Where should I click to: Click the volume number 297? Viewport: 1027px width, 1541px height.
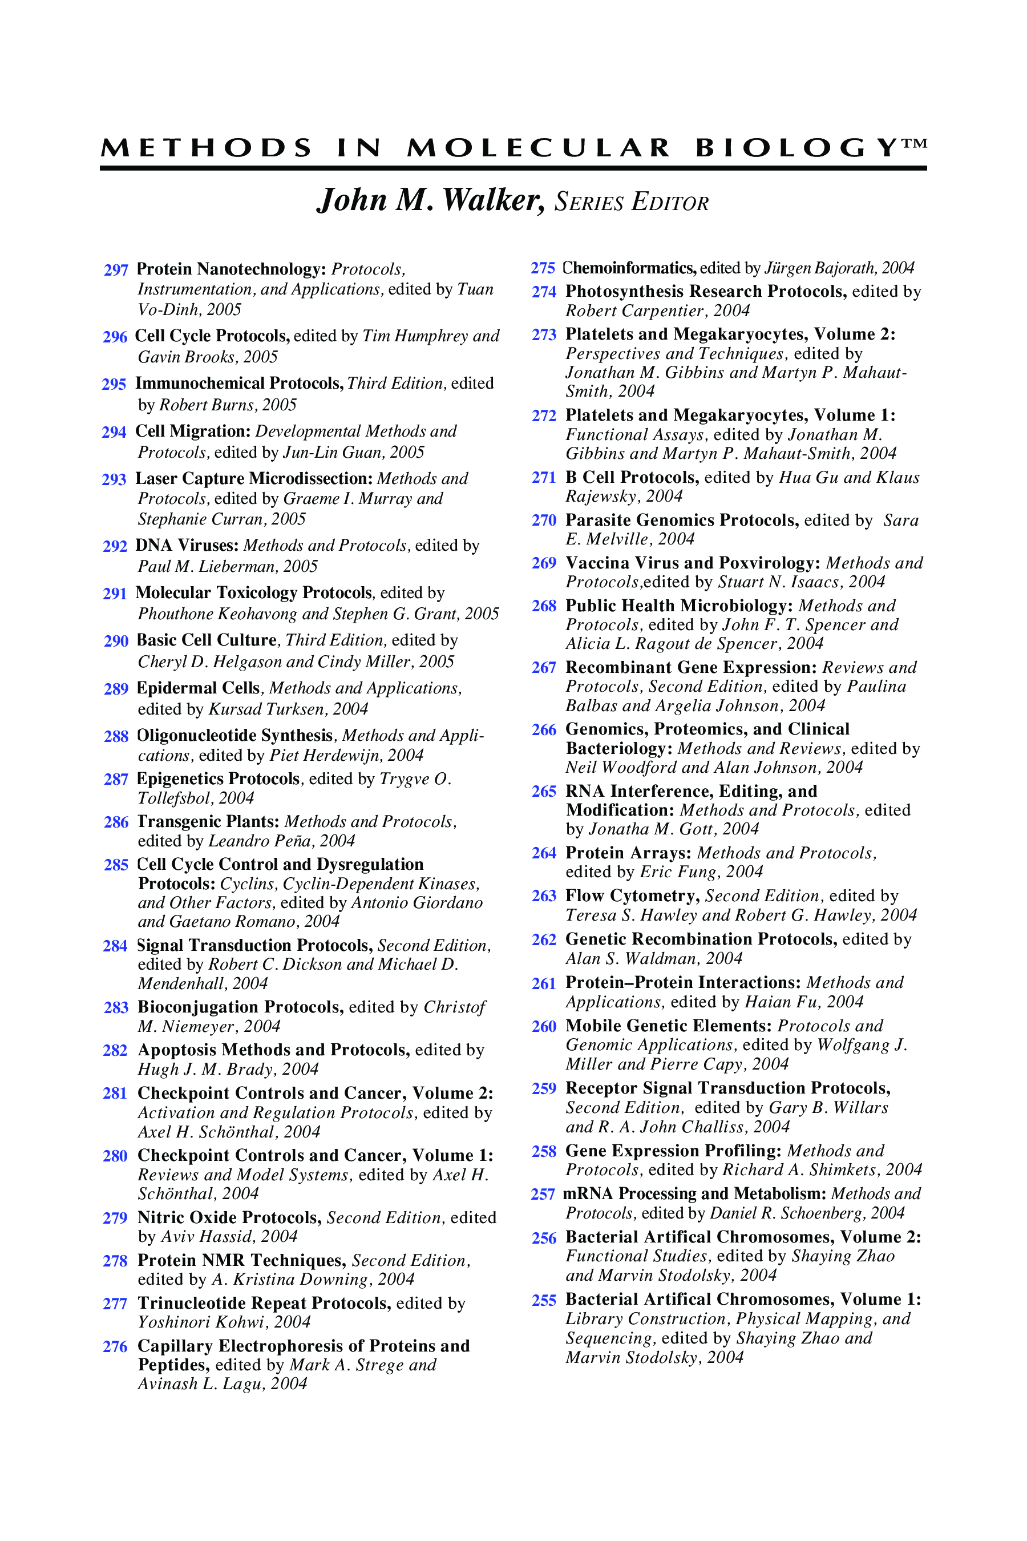click(116, 270)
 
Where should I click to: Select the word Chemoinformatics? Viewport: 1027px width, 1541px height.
click(629, 268)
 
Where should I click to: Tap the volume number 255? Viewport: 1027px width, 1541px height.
click(544, 1300)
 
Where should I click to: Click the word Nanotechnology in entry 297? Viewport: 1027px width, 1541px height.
click(261, 269)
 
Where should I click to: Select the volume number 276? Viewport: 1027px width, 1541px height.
click(115, 1346)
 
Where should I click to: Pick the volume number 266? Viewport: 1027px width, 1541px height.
click(544, 730)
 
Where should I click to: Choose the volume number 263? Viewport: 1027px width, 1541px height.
click(544, 896)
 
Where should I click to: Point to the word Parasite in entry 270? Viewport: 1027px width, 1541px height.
click(598, 520)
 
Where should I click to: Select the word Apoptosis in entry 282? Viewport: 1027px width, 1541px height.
click(177, 1050)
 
